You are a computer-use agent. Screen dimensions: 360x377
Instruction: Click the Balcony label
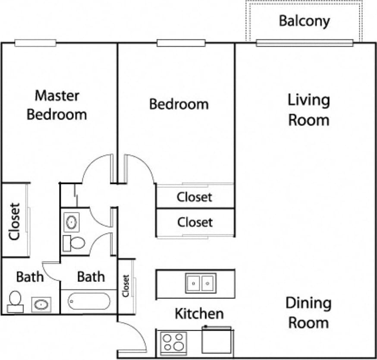coord(304,21)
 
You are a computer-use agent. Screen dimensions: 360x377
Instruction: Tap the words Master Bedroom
coord(57,105)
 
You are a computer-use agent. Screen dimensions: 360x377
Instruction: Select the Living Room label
coord(308,110)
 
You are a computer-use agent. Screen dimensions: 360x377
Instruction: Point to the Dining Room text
coord(308,313)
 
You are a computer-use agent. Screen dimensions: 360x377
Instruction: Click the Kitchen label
coord(199,314)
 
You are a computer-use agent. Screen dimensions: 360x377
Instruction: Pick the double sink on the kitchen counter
coord(201,283)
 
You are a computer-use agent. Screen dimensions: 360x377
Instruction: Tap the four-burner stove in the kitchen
coord(173,342)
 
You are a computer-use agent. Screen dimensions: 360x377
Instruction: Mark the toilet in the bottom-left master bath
coord(16,301)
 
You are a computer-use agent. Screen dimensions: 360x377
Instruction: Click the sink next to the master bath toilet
coord(41,305)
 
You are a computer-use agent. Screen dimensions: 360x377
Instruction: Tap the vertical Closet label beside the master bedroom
coord(14,221)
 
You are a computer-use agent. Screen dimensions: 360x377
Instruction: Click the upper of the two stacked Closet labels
coord(195,197)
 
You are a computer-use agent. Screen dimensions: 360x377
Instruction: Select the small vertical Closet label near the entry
coord(126,286)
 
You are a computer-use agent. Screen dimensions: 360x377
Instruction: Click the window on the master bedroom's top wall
coord(35,43)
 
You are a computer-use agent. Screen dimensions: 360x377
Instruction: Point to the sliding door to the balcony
coord(304,43)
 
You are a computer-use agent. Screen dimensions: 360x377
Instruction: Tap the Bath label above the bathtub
coord(91,277)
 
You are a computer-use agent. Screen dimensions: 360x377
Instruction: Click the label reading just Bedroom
coord(179,104)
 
